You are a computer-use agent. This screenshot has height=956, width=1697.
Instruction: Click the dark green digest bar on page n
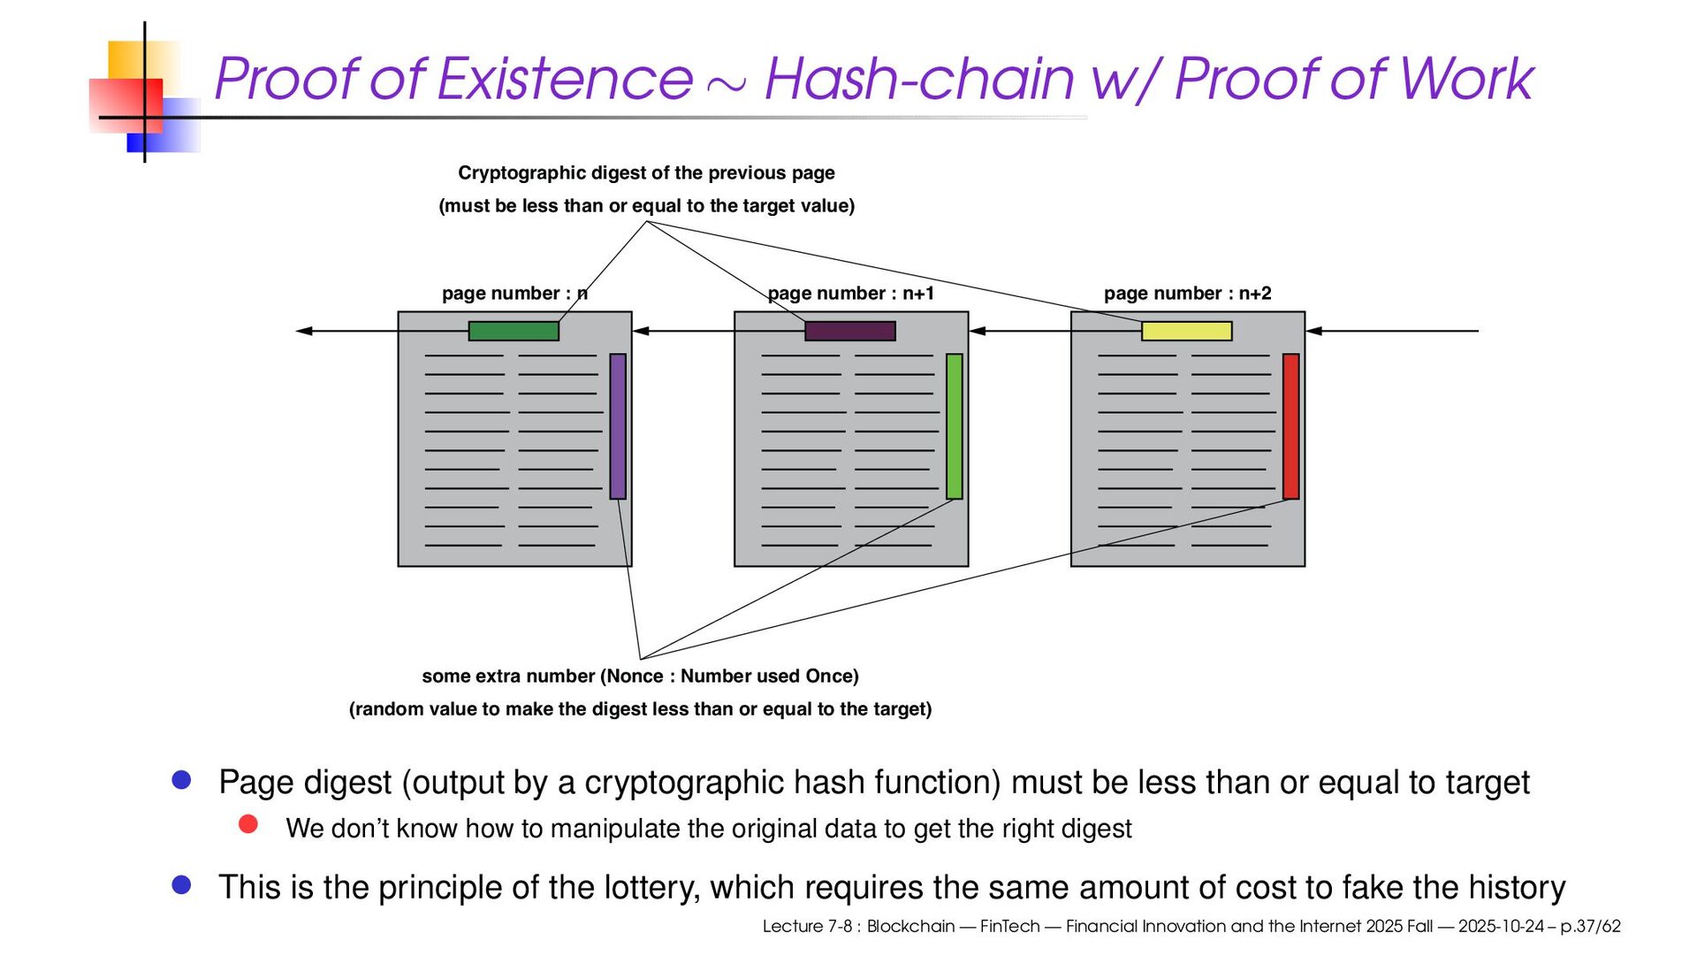click(514, 331)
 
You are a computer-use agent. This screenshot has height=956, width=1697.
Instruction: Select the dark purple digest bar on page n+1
click(849, 331)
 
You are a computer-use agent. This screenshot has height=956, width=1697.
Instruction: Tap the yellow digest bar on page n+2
click(1186, 331)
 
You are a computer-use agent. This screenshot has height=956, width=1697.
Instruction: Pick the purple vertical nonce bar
click(618, 426)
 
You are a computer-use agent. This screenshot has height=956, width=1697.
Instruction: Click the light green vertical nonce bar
click(955, 426)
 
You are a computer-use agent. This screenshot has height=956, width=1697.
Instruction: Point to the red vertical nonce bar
click(1290, 426)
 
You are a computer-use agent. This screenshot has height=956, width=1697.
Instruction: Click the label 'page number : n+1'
click(850, 294)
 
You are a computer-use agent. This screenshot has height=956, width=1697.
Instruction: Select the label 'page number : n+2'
click(1187, 294)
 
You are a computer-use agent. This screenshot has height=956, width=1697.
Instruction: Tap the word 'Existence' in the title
click(565, 80)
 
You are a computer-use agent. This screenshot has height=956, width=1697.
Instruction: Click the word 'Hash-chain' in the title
click(919, 80)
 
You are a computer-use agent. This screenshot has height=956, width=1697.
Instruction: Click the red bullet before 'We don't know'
click(248, 824)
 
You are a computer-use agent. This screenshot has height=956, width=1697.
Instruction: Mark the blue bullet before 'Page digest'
click(182, 779)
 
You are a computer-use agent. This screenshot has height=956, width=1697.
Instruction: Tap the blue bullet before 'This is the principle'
click(182, 884)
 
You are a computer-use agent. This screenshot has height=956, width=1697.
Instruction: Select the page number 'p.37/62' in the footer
click(1590, 927)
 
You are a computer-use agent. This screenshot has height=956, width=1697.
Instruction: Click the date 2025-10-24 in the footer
click(1501, 927)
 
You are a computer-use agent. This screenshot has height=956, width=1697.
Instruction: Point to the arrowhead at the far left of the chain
click(303, 331)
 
